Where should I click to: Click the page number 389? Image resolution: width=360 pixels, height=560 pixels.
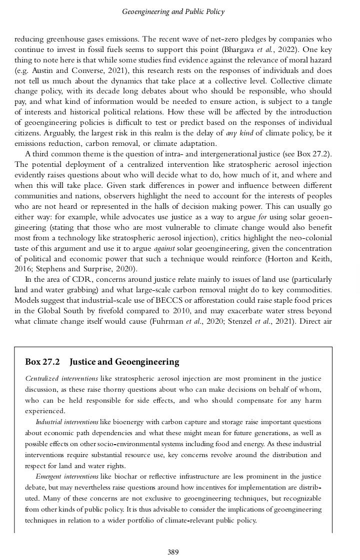[173, 552]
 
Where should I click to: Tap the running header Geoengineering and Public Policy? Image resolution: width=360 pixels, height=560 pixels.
[173, 11]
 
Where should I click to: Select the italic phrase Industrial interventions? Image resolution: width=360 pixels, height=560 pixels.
[67, 422]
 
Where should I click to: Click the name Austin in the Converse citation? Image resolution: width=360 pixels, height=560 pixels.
[37, 70]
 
